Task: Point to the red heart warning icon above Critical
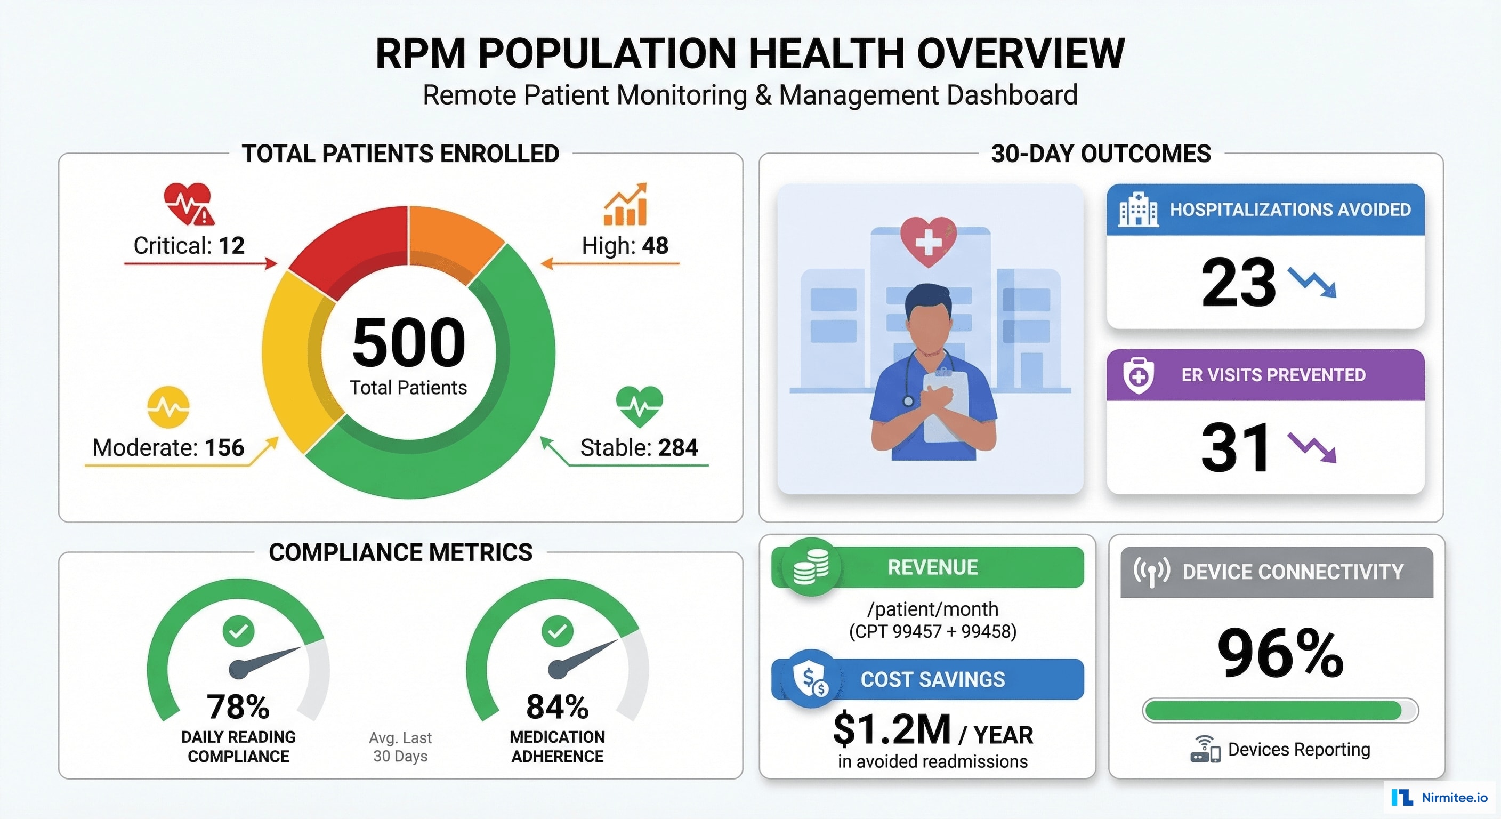point(188,204)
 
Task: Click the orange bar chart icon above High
point(625,205)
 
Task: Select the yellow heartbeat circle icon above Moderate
point(168,407)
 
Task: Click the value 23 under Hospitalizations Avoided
point(1238,283)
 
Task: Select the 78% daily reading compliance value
point(238,706)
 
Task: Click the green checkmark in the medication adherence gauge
point(557,631)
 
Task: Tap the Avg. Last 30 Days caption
point(400,746)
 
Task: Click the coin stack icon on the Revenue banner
point(811,566)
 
